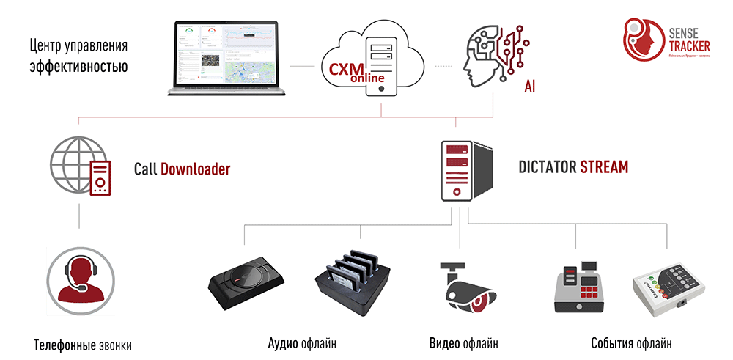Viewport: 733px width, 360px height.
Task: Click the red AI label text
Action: pos(529,87)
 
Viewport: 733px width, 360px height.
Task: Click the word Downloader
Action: pos(195,169)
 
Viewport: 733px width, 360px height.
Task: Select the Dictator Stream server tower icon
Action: pos(461,170)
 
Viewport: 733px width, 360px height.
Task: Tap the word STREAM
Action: pos(604,167)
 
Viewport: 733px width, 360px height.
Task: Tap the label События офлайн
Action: pos(630,342)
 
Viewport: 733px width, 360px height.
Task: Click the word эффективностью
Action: pos(78,67)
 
